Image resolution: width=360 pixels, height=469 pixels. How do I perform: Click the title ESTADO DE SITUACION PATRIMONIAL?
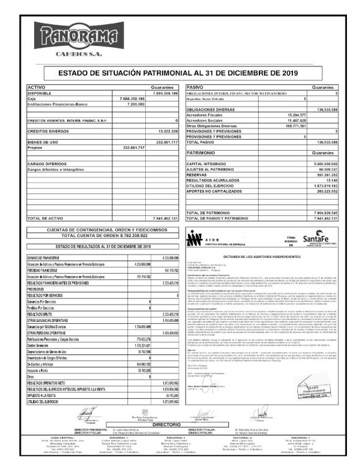pyautogui.click(x=179, y=73)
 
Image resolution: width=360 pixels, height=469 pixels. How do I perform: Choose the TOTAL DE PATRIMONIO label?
pyautogui.click(x=211, y=213)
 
